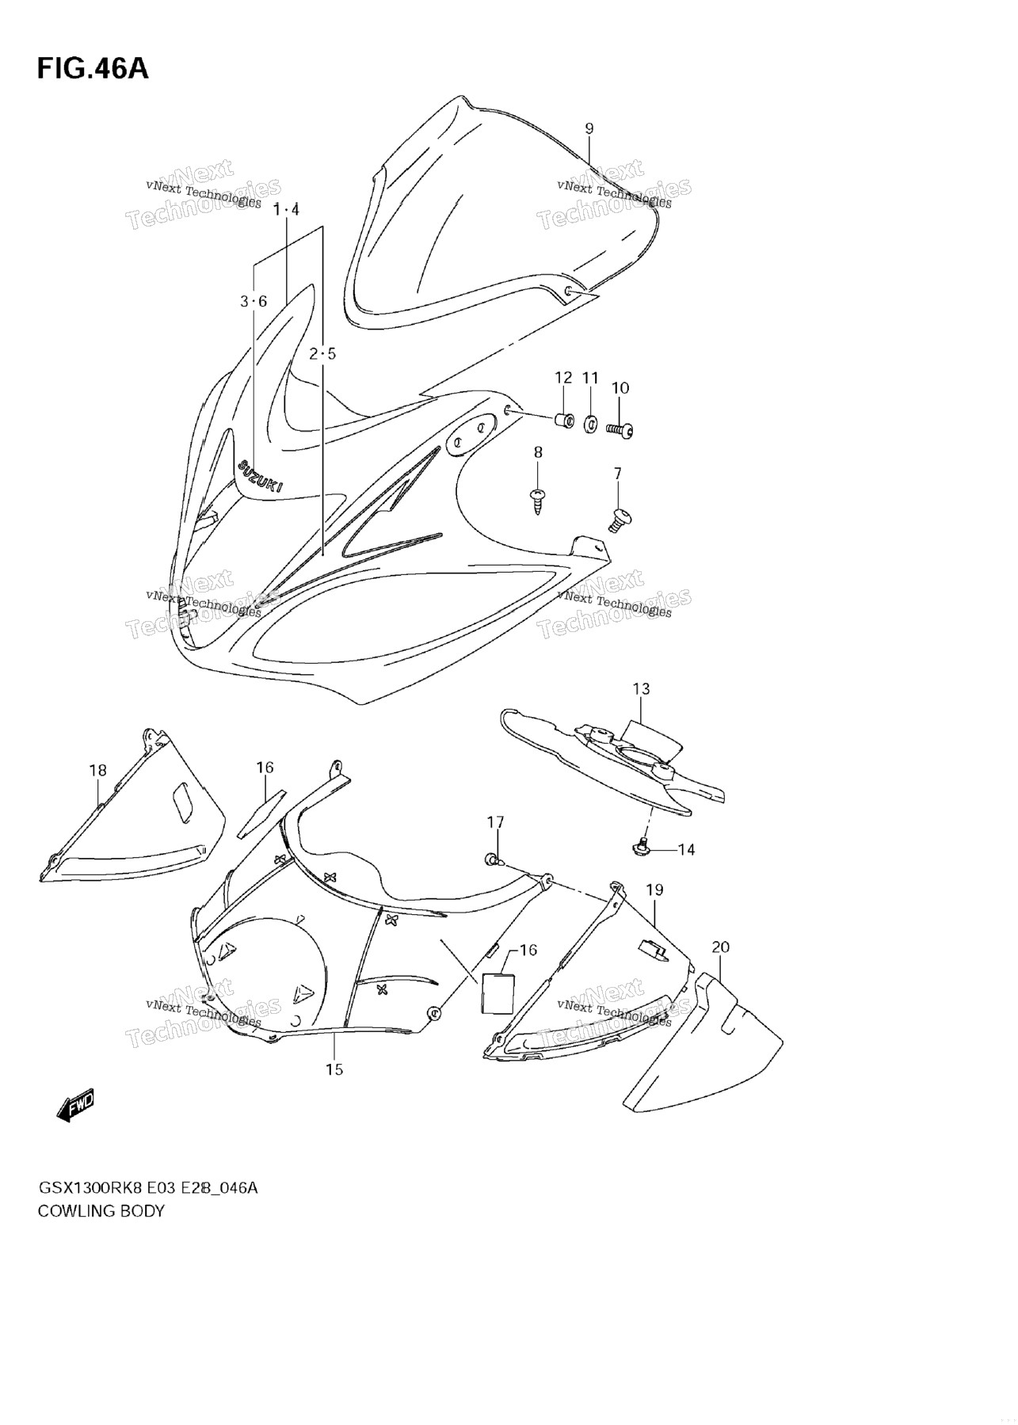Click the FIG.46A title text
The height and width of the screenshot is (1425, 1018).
[92, 69]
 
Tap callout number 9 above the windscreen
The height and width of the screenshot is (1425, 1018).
[589, 128]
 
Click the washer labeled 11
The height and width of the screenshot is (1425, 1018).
[591, 425]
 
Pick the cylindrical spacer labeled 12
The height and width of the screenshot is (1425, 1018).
[563, 418]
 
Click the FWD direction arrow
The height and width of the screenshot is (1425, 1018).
[76, 1104]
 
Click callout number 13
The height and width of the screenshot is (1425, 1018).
[641, 688]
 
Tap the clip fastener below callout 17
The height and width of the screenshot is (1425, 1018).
[494, 859]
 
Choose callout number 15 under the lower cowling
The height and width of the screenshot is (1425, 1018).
[334, 1069]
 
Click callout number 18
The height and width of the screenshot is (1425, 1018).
[97, 770]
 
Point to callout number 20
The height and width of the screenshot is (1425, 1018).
[720, 947]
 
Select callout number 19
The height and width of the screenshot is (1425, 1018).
[654, 890]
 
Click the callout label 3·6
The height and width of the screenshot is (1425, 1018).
[254, 301]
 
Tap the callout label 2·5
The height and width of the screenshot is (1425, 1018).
[322, 353]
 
